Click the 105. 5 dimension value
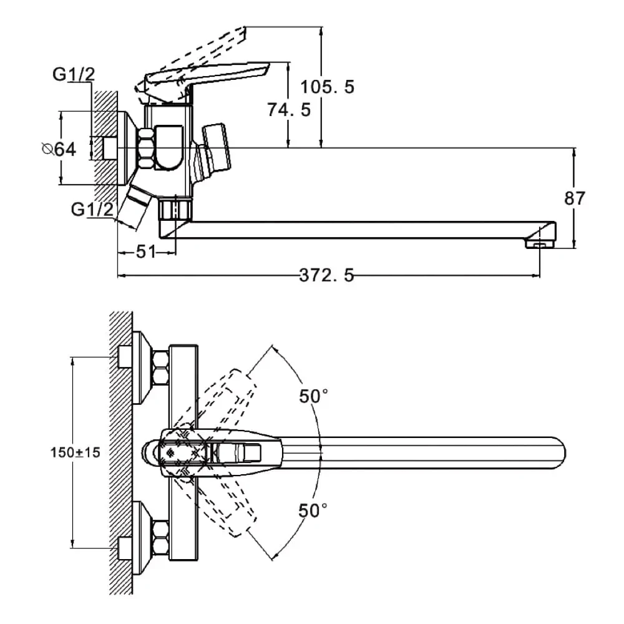(327, 87)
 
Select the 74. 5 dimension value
(288, 110)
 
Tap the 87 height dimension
(575, 198)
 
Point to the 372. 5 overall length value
(326, 275)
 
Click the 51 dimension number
(145, 252)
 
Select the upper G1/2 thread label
(74, 75)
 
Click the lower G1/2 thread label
(92, 210)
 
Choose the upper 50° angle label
(313, 396)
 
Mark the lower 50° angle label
(313, 510)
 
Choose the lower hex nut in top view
(160, 535)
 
